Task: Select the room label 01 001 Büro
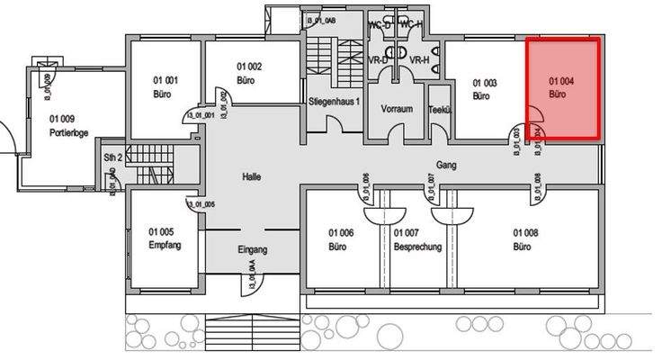tap(163, 86)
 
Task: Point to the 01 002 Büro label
tap(249, 73)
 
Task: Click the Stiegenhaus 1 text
tap(334, 102)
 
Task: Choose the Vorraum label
tap(397, 109)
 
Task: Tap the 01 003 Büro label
tap(485, 88)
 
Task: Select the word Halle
tap(251, 177)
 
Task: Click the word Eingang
tap(253, 249)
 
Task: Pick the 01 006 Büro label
tap(339, 238)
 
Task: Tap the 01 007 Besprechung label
tap(416, 238)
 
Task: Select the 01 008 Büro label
tap(525, 238)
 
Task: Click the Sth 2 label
tap(112, 157)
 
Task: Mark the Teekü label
tap(439, 109)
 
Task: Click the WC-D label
tap(380, 24)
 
